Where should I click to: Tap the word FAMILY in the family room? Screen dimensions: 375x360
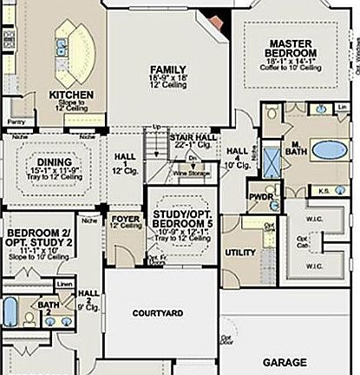point(167,69)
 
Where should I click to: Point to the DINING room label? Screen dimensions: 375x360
point(54,161)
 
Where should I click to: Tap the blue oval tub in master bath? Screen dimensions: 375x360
point(329,149)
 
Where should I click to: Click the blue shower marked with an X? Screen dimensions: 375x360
point(271,162)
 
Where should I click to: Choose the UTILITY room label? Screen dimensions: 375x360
point(239,251)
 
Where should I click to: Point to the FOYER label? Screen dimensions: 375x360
point(126,219)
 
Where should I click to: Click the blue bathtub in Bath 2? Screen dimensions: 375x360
point(10,312)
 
